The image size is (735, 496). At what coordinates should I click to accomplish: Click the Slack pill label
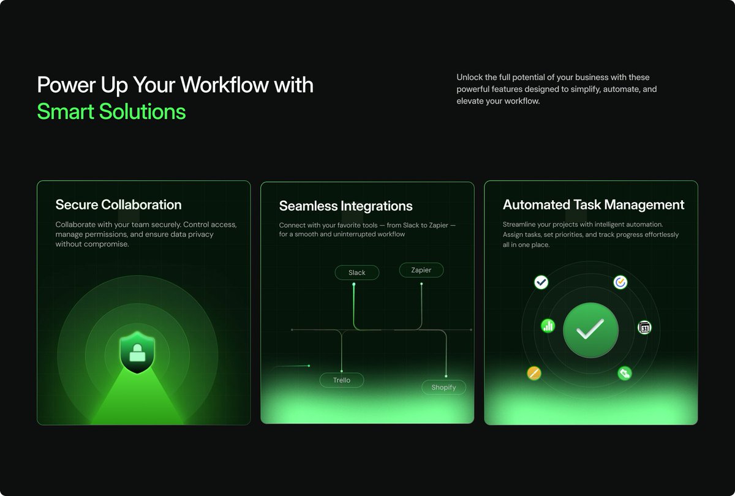(357, 272)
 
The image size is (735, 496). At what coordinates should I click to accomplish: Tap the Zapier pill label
(421, 270)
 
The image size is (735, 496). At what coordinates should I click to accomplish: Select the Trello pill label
(342, 380)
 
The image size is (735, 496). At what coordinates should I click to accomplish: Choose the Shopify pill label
(443, 387)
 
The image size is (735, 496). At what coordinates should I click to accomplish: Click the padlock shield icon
(137, 352)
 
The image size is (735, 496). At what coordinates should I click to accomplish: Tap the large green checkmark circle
(590, 330)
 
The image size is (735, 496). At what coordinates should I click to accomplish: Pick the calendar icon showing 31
(644, 328)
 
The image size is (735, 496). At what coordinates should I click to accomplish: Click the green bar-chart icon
(548, 326)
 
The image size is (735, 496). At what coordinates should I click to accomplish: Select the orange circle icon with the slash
(534, 373)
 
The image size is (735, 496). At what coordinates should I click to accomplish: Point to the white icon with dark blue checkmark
(541, 282)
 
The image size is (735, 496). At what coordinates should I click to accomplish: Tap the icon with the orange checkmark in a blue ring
(620, 282)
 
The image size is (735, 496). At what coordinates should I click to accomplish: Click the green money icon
(624, 373)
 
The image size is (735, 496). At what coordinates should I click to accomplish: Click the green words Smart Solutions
(111, 111)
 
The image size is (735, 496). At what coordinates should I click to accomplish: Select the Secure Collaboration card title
(118, 205)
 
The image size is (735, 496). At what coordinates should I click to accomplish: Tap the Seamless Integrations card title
(345, 206)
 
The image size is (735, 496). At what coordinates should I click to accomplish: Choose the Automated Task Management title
(593, 205)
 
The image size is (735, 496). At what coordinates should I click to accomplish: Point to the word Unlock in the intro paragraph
(469, 77)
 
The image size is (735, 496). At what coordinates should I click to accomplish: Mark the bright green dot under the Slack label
(354, 284)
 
